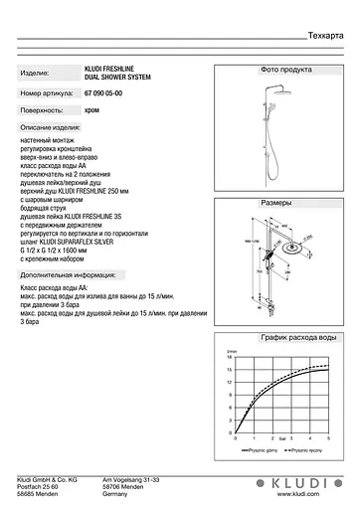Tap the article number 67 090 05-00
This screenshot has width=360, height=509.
(x=109, y=92)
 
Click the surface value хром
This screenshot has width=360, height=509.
(x=91, y=111)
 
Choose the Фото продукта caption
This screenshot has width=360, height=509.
(x=285, y=72)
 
